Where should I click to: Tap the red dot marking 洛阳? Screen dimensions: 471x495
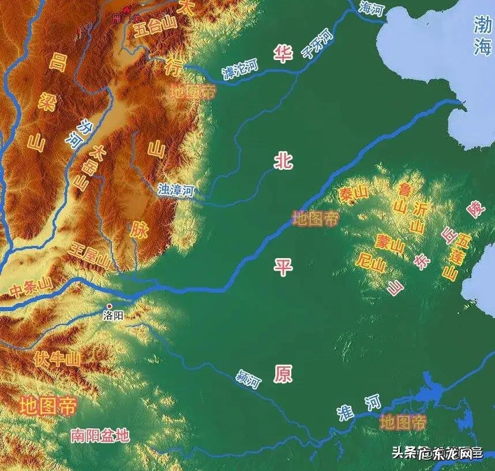[110, 306]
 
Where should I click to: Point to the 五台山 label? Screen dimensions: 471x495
[154, 30]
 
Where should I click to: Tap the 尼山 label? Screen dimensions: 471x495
[371, 264]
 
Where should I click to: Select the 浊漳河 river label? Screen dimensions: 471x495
[176, 190]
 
